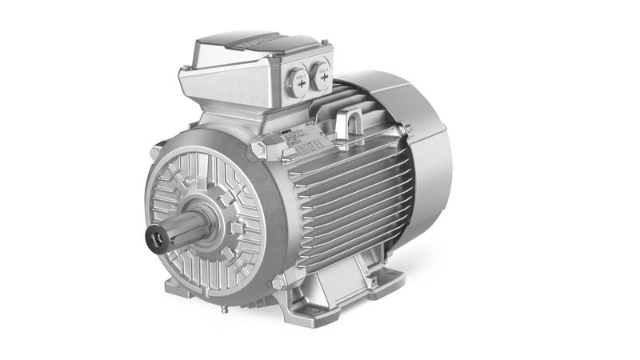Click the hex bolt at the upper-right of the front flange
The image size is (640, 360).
tap(258, 149)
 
